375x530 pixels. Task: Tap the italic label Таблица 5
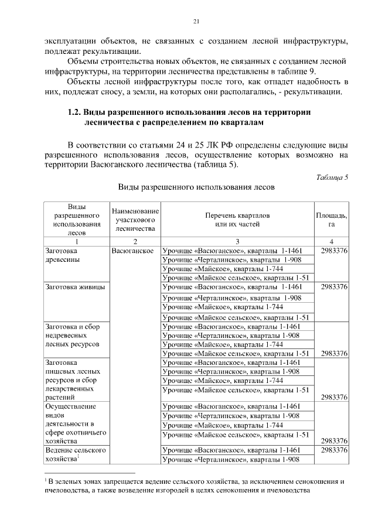pyautogui.click(x=332, y=177)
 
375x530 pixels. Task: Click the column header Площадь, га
pyautogui.click(x=332, y=220)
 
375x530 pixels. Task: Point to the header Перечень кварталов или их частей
pyautogui.click(x=237, y=220)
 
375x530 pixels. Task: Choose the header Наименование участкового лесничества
pyautogui.click(x=135, y=220)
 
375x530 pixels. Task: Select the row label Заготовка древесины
pyautogui.click(x=66, y=255)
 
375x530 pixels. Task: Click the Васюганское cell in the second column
pyautogui.click(x=132, y=251)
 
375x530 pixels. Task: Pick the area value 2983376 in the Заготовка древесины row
pyautogui.click(x=332, y=251)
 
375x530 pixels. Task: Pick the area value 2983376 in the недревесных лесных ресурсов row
pyautogui.click(x=332, y=354)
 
